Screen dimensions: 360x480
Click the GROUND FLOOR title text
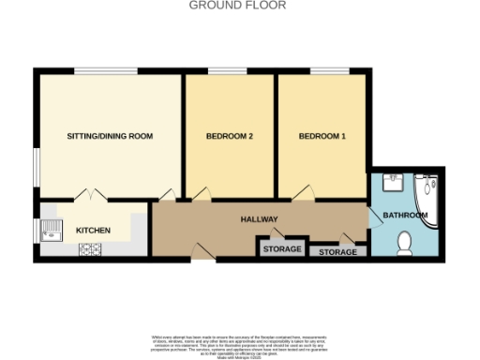click(x=238, y=6)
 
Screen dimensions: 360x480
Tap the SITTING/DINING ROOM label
click(x=110, y=137)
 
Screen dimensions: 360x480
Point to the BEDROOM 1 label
click(x=322, y=137)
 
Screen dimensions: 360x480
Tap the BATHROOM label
click(x=405, y=216)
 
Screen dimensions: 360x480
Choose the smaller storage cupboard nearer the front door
click(x=282, y=248)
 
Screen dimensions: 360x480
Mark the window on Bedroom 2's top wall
click(x=221, y=70)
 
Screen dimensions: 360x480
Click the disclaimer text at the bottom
click(x=240, y=342)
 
